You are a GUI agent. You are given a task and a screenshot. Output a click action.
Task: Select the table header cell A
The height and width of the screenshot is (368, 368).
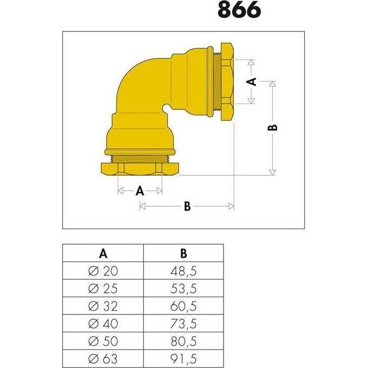pyautogui.click(x=103, y=253)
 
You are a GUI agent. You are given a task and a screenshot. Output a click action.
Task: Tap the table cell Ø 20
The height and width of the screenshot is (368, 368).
pyautogui.click(x=103, y=271)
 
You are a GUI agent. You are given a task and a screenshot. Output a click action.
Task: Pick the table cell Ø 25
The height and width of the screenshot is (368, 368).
pyautogui.click(x=103, y=288)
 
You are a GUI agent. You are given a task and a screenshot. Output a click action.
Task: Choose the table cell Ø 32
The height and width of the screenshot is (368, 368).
pyautogui.click(x=103, y=306)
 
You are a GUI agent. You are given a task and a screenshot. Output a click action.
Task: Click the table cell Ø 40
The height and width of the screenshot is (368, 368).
pyautogui.click(x=103, y=324)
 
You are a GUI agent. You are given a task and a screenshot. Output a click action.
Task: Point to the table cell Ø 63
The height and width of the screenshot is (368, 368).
pyautogui.click(x=103, y=359)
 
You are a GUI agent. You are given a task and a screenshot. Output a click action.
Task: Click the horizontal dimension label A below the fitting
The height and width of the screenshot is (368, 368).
pyautogui.click(x=140, y=190)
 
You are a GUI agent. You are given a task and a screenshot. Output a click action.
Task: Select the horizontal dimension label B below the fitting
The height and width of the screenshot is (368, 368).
pyautogui.click(x=187, y=206)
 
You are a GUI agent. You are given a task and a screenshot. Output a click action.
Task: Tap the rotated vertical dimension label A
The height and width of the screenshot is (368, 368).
pyautogui.click(x=251, y=82)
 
